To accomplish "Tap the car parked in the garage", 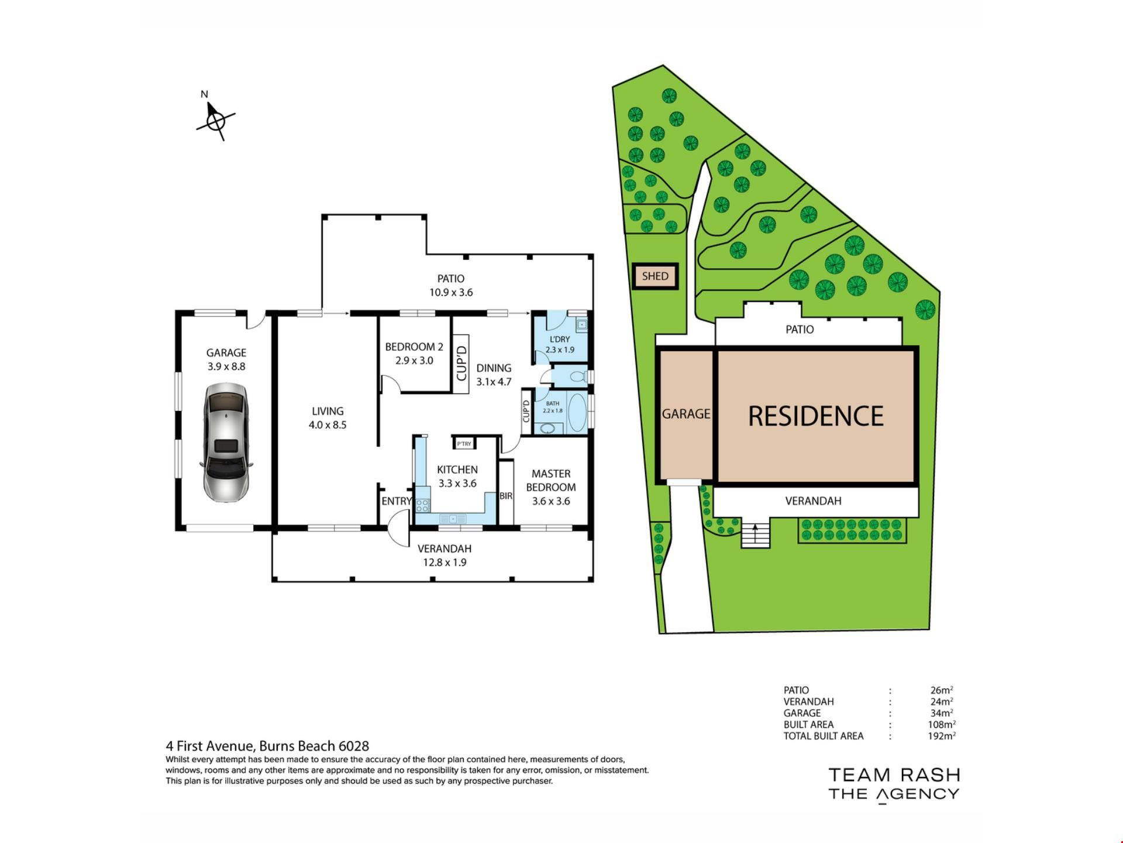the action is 226,443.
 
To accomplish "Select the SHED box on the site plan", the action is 655,276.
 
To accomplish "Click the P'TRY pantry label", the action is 464,444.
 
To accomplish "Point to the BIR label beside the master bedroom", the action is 506,496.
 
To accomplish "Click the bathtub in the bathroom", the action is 577,413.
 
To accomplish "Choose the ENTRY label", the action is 397,501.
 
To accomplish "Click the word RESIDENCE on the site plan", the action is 816,416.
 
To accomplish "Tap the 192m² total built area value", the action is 942,736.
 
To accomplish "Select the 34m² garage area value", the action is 942,713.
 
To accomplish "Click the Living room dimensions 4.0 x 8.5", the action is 328,425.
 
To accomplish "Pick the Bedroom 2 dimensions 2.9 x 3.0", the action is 414,361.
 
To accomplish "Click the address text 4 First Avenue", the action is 211,746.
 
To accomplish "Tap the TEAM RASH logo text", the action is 894,775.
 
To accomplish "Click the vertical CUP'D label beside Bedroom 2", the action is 461,364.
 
